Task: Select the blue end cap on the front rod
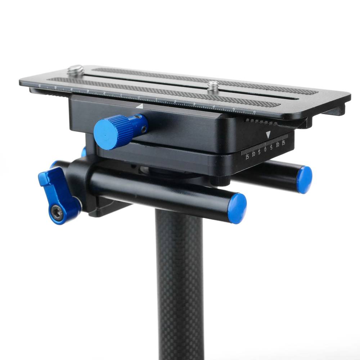tap(237, 208)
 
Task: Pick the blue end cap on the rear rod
tap(304, 179)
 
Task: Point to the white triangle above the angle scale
tap(268, 135)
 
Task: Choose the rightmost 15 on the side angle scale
tap(283, 143)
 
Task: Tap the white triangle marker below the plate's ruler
tap(140, 106)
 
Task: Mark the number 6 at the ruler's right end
tap(254, 112)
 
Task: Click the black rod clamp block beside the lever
tap(81, 180)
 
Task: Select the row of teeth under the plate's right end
tap(261, 122)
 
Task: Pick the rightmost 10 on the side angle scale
tap(277, 145)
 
